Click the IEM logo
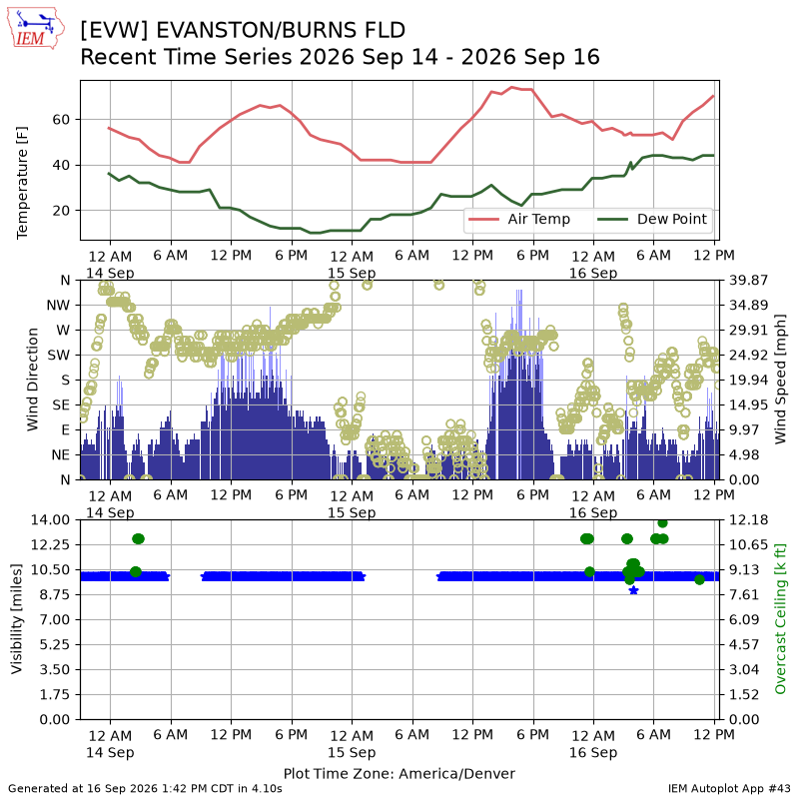point(36,28)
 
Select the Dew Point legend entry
point(652,219)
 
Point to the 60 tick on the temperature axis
point(61,120)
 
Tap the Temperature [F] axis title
point(22,183)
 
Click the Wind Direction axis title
point(33,380)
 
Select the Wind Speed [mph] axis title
point(780,380)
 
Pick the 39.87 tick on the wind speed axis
point(748,281)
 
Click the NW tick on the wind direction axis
point(58,306)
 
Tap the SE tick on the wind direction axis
point(61,405)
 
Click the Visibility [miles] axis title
point(17,619)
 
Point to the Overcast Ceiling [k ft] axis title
point(780,619)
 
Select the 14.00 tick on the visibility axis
point(51,519)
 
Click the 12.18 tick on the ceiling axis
point(748,519)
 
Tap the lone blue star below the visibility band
point(634,590)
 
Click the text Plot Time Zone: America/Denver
point(399,773)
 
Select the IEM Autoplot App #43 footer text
point(729,789)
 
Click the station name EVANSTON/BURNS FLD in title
point(281,30)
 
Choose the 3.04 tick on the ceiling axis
point(744,669)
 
